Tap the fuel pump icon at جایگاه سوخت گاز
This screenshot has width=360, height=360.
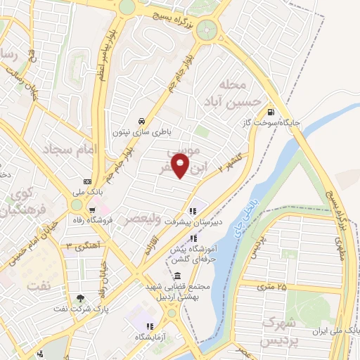(x=271, y=110)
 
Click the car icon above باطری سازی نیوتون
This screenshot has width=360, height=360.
(x=141, y=120)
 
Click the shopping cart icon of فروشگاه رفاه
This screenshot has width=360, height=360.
(x=91, y=210)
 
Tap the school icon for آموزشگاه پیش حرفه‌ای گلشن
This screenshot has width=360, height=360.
(x=194, y=239)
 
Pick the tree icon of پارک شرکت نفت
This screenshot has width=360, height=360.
(x=79, y=299)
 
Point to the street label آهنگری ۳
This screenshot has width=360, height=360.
(x=79, y=245)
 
